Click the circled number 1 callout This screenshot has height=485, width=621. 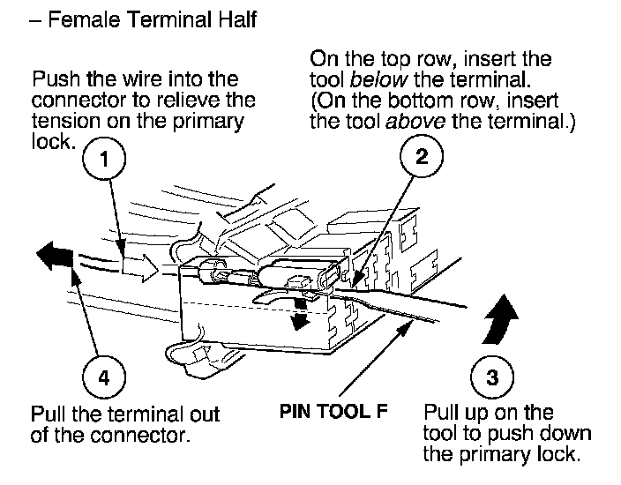pyautogui.click(x=104, y=159)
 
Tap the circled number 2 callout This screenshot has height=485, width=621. pyautogui.click(x=422, y=155)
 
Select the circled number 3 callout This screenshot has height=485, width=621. pyautogui.click(x=492, y=377)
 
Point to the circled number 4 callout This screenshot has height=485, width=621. pyautogui.click(x=104, y=377)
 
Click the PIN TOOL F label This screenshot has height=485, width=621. pyautogui.click(x=333, y=411)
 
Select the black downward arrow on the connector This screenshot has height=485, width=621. pyautogui.click(x=300, y=314)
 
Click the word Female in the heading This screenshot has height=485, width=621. pyautogui.click(x=84, y=19)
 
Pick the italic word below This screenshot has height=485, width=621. pyautogui.click(x=378, y=79)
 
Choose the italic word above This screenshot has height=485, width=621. pyautogui.click(x=415, y=121)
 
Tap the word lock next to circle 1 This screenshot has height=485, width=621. pyautogui.click(x=53, y=141)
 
